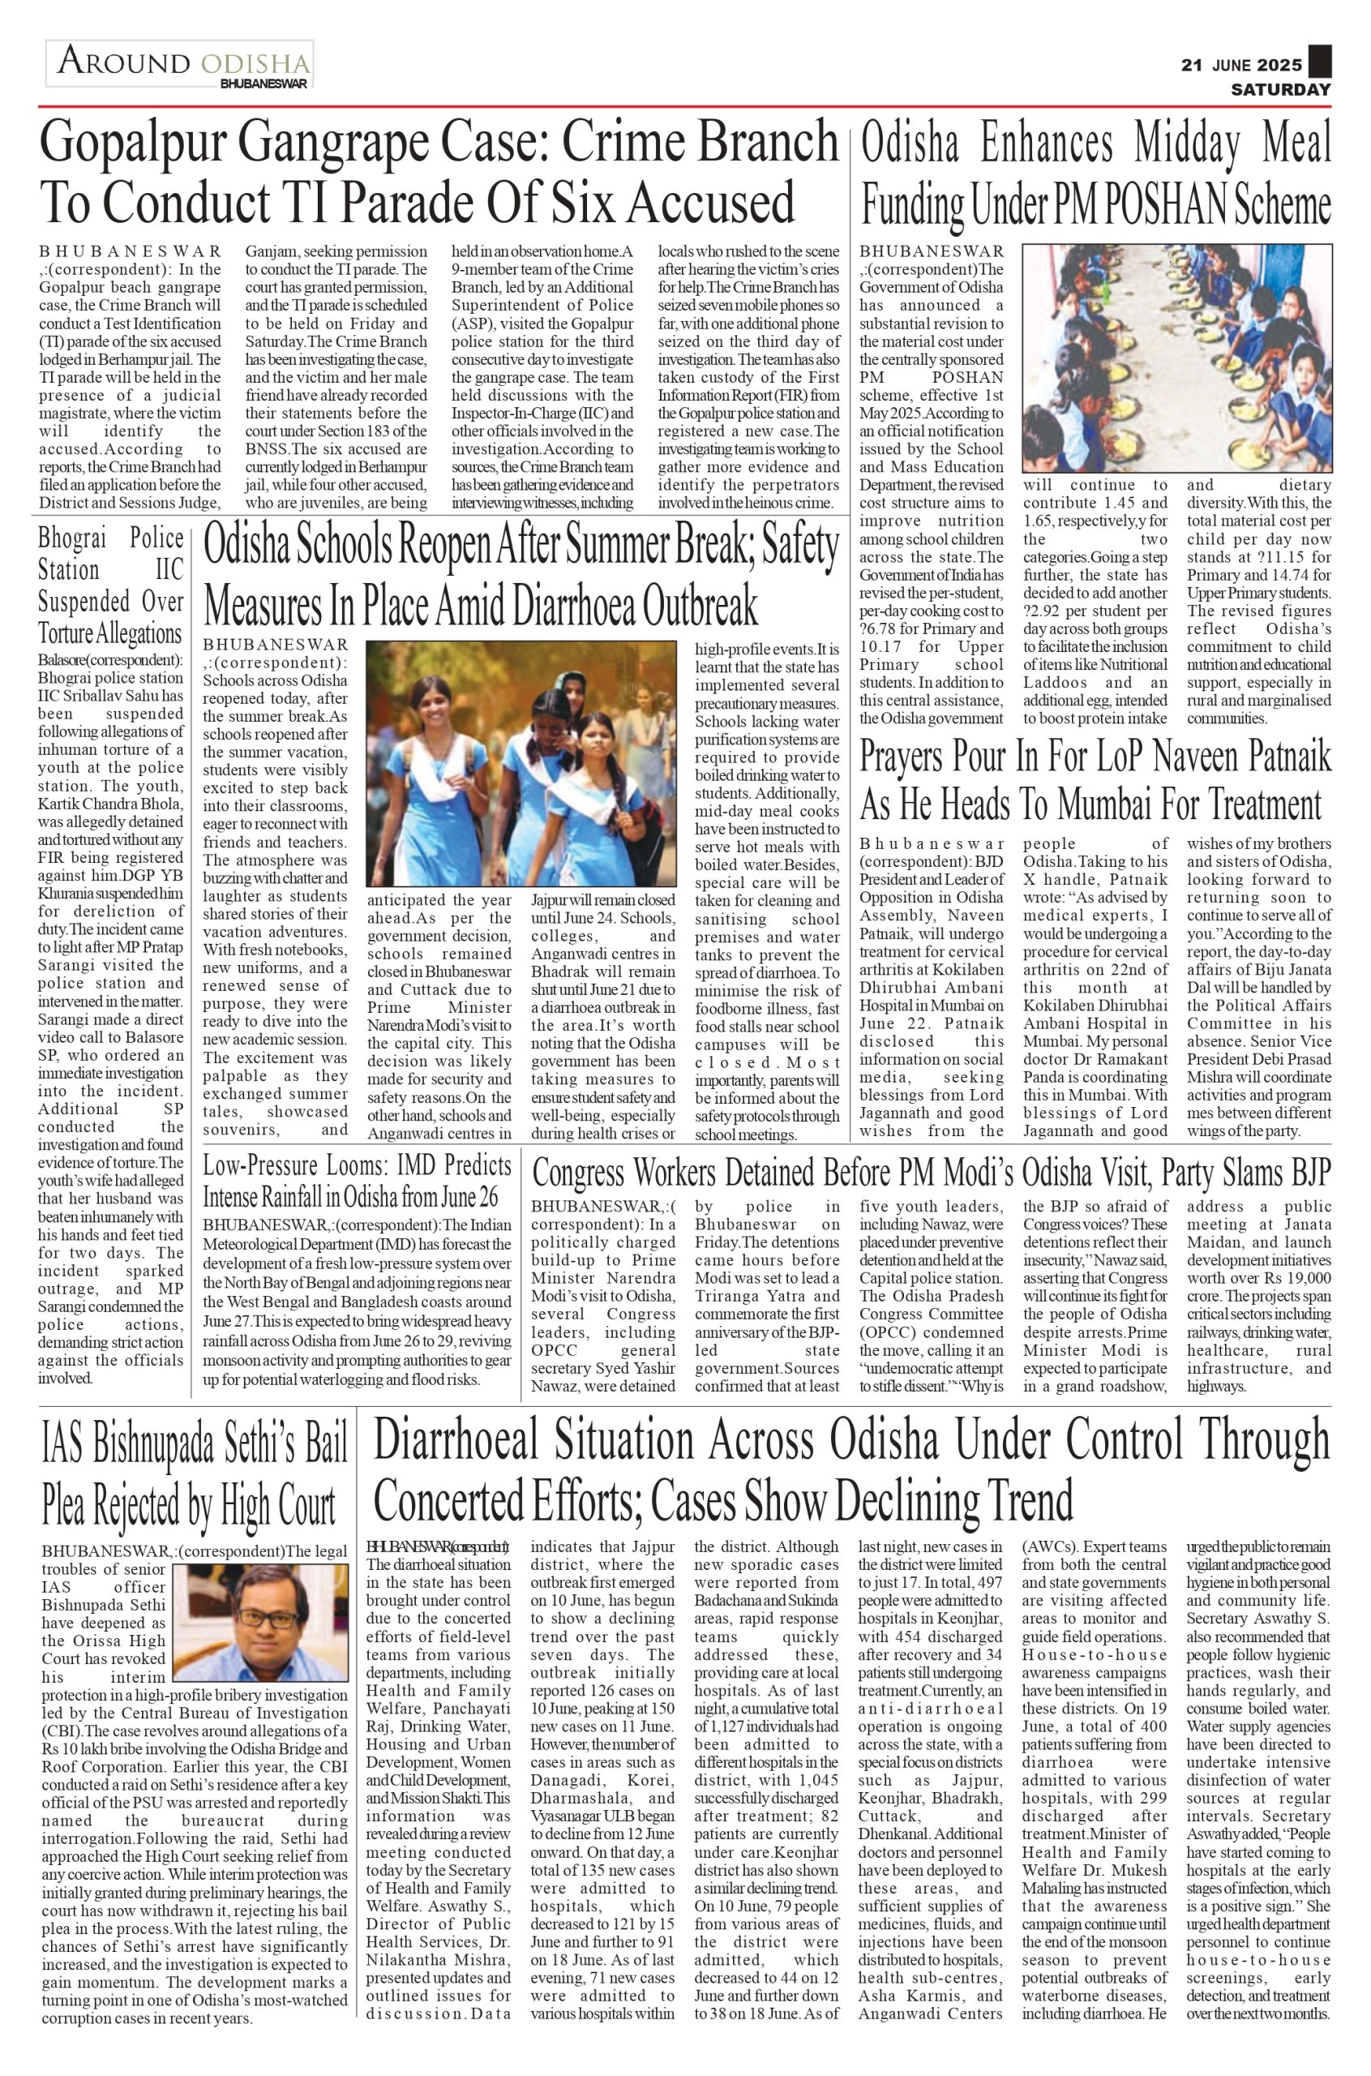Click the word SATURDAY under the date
click(x=1281, y=90)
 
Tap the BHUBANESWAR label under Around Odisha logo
click(x=263, y=84)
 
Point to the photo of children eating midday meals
click(x=1177, y=358)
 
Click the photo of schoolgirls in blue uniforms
click(x=521, y=762)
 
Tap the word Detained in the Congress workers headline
click(x=766, y=1172)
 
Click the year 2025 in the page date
click(x=1280, y=66)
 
